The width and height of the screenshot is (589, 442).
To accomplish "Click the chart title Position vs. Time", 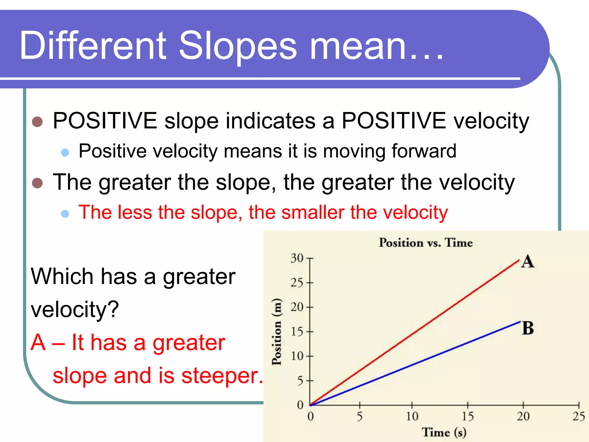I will click(x=426, y=243).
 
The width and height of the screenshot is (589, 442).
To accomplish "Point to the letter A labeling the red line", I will click(x=527, y=262).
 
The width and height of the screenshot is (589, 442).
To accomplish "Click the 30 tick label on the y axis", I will click(x=297, y=258).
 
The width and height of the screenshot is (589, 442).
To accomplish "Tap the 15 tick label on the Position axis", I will click(x=297, y=332).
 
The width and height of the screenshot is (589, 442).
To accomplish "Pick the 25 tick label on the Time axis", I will click(x=579, y=416).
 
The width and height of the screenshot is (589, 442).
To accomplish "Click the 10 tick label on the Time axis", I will click(x=412, y=416).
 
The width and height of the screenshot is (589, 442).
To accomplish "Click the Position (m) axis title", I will click(x=277, y=332).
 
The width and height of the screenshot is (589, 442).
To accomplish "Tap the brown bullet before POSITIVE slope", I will click(x=37, y=122).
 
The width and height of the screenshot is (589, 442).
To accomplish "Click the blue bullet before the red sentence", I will click(x=65, y=214).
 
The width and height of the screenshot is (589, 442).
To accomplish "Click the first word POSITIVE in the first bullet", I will click(x=105, y=121).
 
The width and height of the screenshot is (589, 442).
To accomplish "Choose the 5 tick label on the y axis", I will click(x=300, y=381).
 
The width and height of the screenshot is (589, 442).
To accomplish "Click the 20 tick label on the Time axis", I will click(x=523, y=416).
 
